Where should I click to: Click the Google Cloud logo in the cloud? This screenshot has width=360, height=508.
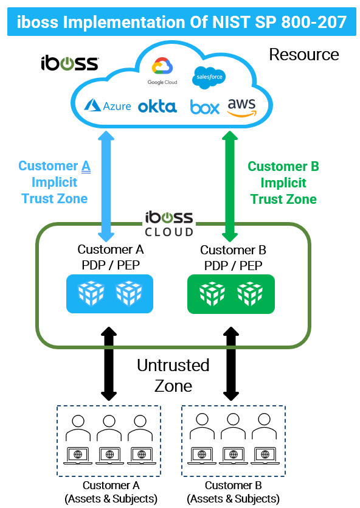click(x=162, y=70)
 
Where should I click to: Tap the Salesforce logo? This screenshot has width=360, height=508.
click(x=209, y=77)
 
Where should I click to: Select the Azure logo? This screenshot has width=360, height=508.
click(x=108, y=106)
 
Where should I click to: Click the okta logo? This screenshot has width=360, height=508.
click(x=157, y=106)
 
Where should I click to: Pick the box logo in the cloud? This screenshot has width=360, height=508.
click(x=204, y=107)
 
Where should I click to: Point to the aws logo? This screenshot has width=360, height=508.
click(x=241, y=106)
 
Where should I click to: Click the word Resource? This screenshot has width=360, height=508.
click(x=303, y=55)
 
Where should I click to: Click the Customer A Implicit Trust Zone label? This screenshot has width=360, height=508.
click(x=54, y=182)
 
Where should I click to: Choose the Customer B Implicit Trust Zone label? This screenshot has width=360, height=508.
click(x=283, y=183)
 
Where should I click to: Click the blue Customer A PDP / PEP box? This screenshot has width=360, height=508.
click(x=109, y=294)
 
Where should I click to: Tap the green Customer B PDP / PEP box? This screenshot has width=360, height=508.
click(x=231, y=294)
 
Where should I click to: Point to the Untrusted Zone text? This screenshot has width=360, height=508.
click(x=173, y=375)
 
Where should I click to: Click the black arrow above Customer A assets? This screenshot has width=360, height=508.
click(x=109, y=364)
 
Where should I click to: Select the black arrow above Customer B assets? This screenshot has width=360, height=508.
click(x=231, y=364)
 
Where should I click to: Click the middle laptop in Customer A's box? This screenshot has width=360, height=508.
click(x=109, y=454)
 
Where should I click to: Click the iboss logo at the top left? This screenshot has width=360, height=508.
click(x=69, y=63)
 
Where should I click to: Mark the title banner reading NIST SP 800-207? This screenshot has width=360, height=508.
click(x=180, y=23)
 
